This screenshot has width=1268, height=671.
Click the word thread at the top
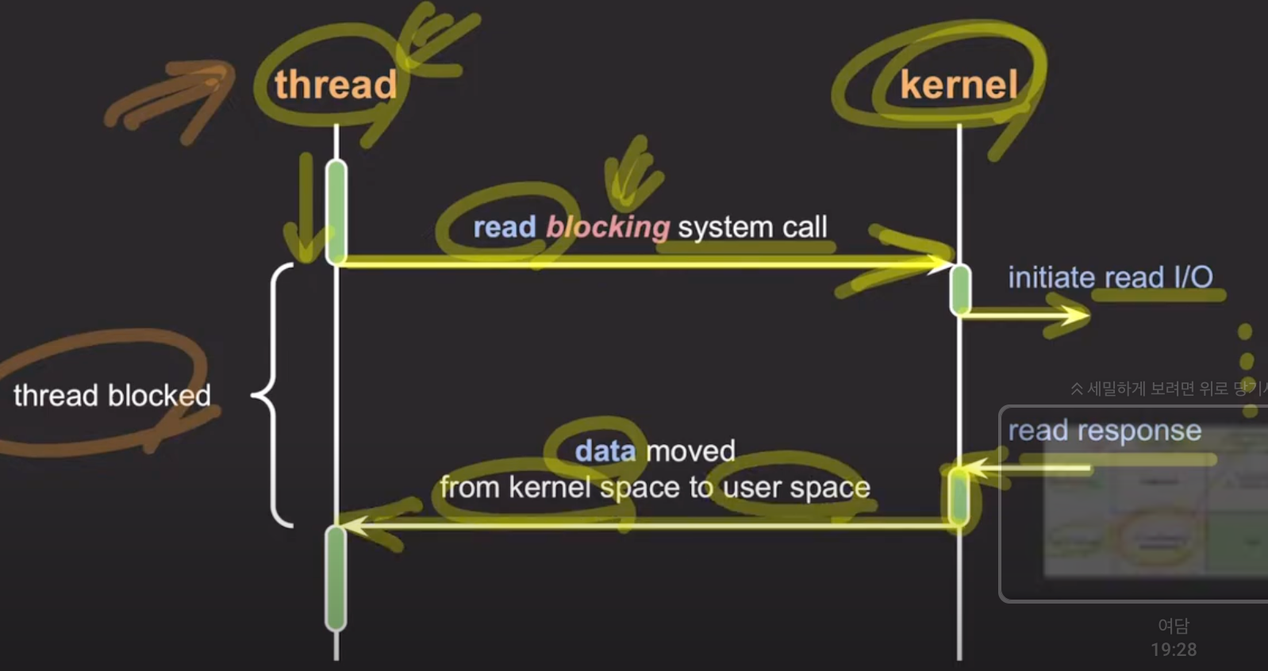click(335, 85)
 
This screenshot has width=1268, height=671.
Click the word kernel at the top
click(959, 85)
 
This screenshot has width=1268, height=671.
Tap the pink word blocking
click(608, 228)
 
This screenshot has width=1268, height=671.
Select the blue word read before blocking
click(505, 228)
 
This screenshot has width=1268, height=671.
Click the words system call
click(752, 228)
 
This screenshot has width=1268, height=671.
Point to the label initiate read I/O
click(1110, 278)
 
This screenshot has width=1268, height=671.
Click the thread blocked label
click(112, 395)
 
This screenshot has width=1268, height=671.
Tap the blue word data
click(605, 451)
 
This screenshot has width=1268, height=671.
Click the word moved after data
click(691, 451)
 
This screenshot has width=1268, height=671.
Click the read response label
click(1105, 431)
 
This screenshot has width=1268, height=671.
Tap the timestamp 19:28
click(1174, 650)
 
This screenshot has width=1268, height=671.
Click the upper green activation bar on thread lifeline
click(336, 211)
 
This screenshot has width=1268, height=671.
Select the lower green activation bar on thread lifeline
click(336, 577)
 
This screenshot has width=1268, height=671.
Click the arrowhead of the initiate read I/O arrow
click(1082, 316)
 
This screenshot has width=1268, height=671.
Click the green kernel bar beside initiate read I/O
click(960, 289)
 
